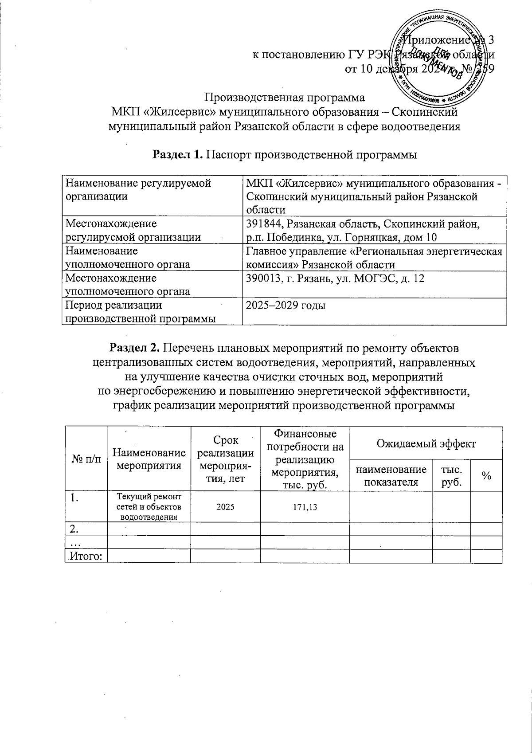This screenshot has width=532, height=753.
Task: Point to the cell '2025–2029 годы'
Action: (286, 306)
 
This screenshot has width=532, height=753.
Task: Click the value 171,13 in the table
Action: (305, 507)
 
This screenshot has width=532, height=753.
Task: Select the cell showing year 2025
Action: (225, 507)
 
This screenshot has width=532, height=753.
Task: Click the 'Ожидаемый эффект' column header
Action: (426, 443)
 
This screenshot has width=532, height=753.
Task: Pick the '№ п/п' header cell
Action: (86, 459)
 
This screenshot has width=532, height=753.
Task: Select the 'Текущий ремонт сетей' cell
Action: (149, 506)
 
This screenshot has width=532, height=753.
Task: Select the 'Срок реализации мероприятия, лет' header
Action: (225, 459)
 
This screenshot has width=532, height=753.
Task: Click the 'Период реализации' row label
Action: (113, 306)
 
